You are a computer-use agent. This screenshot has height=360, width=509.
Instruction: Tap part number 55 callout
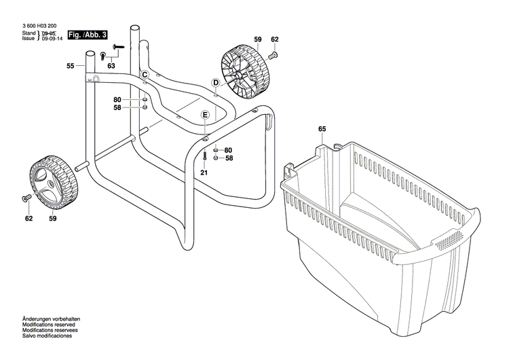71,66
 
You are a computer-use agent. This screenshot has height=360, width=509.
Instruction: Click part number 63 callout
111,66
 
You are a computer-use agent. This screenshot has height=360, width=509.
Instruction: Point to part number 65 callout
322,128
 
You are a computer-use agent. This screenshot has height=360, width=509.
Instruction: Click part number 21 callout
204,173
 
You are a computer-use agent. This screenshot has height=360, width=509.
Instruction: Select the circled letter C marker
145,73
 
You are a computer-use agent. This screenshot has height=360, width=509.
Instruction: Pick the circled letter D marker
215,83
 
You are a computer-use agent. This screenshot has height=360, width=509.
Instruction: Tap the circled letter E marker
204,115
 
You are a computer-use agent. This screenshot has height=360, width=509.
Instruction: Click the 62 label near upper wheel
275,40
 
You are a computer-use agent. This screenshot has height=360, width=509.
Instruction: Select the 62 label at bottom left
29,219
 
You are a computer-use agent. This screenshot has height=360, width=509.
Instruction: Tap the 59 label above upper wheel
258,40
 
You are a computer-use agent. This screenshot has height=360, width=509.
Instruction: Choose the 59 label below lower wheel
52,219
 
